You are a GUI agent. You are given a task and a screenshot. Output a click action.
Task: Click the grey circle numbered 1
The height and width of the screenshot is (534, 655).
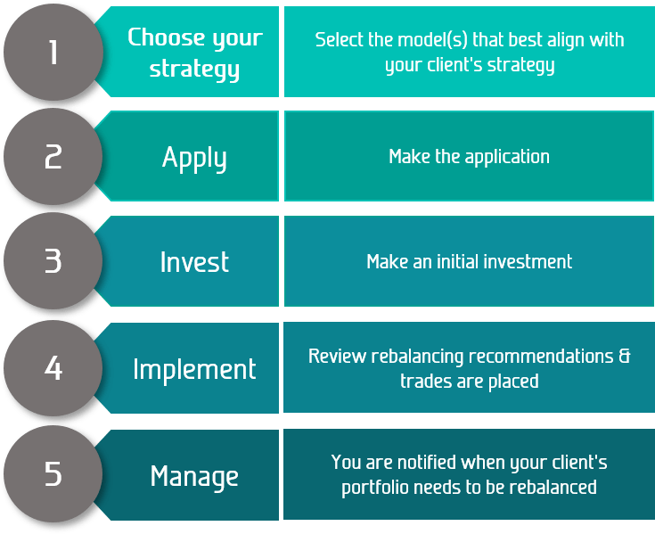point(53,52)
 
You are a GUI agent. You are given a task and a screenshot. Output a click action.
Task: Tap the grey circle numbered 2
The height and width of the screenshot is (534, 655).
point(53,156)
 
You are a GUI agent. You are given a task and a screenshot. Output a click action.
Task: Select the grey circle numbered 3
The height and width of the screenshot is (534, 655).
point(53,260)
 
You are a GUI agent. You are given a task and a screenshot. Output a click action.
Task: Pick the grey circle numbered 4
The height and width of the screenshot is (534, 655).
point(53,367)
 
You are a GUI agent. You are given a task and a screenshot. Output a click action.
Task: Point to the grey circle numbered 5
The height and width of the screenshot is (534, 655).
point(53,473)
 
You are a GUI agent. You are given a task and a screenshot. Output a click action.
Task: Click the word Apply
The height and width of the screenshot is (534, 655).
point(194,159)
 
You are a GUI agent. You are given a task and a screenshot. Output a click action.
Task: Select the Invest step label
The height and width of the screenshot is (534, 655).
point(194,262)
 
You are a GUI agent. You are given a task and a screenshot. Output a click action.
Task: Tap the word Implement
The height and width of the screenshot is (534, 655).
point(194,370)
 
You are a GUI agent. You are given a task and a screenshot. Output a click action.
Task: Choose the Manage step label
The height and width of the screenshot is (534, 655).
point(194,476)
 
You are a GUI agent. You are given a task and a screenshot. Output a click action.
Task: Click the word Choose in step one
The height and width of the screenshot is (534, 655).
point(168,37)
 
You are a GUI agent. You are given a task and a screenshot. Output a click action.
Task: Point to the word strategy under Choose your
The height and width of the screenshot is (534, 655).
point(194,70)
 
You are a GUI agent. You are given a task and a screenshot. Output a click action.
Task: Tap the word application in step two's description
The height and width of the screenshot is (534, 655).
point(507,158)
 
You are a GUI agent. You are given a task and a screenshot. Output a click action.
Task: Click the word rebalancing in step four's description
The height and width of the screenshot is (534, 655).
point(417,357)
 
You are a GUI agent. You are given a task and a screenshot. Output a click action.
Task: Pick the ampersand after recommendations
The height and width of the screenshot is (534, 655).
point(625,356)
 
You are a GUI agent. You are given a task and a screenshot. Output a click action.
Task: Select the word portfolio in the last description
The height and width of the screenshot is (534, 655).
point(374,489)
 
